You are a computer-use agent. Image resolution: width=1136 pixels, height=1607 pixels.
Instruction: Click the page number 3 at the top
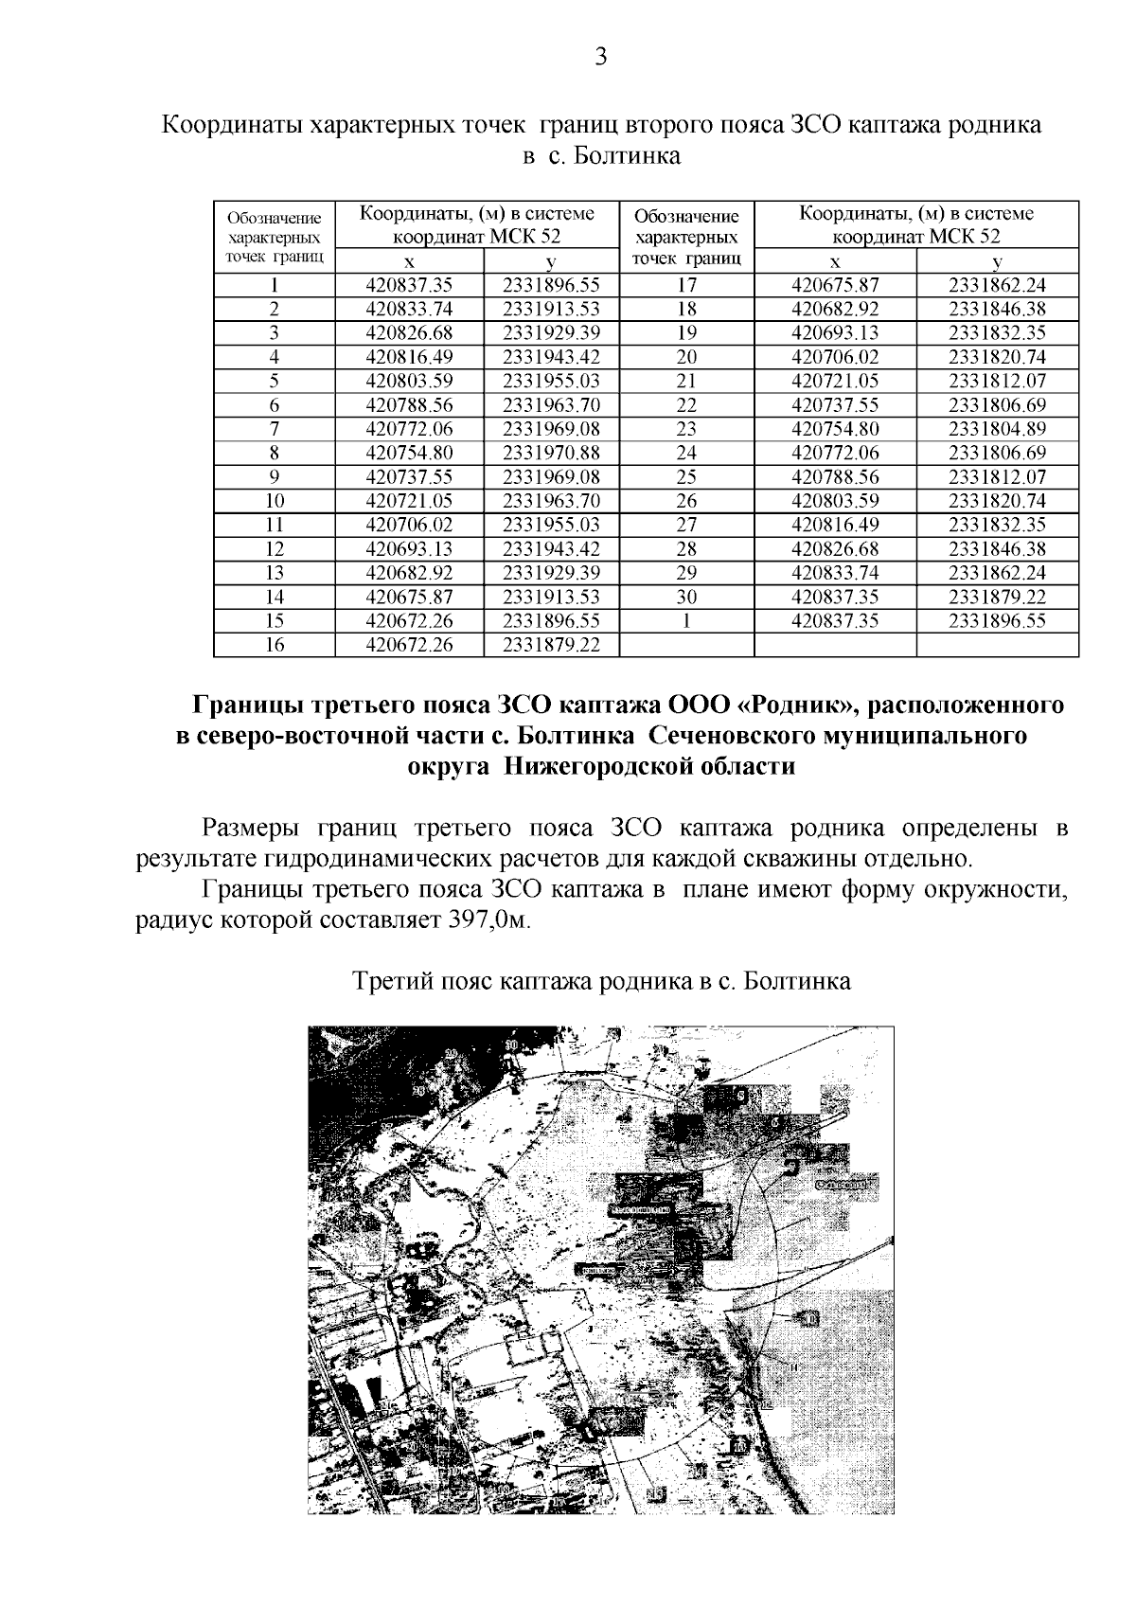pos(600,57)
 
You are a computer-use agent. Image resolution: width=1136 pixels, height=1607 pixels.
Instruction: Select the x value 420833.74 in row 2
pos(409,309)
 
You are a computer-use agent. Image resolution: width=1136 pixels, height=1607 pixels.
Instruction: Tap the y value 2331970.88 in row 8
pos(551,453)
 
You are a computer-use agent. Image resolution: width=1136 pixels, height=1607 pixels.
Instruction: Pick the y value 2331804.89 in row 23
pos(997,429)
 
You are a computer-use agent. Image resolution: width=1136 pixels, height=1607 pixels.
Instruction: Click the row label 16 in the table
pos(275,645)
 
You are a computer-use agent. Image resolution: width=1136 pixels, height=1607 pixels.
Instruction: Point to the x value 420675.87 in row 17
pos(835,285)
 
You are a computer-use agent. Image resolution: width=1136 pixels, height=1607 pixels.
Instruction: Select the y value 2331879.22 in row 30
pos(997,597)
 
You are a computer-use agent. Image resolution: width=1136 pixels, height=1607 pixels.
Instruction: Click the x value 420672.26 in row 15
pos(409,621)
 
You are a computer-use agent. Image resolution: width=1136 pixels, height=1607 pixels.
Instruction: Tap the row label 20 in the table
pos(686,357)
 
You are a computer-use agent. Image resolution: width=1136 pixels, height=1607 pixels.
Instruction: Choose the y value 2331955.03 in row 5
pos(551,381)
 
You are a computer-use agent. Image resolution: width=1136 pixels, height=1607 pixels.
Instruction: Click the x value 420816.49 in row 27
pos(835,525)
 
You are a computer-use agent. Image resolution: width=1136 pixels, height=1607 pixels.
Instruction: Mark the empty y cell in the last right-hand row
pos(997,645)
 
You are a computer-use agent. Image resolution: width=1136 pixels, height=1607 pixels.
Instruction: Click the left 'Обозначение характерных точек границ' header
pos(275,237)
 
